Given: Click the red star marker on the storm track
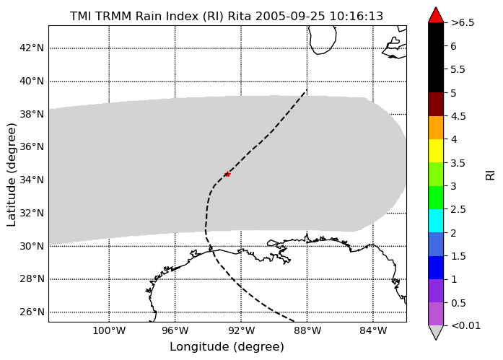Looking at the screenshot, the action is (x=227, y=174).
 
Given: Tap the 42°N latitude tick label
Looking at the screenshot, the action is (x=32, y=48).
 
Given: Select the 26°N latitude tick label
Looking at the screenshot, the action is (x=32, y=312).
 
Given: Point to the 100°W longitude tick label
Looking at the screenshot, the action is (x=109, y=330).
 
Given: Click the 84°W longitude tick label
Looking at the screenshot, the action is (x=373, y=330).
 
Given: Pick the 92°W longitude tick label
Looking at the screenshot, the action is (x=241, y=330).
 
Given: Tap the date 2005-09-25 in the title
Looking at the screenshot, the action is (x=290, y=16).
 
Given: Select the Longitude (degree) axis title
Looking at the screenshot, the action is (x=227, y=347).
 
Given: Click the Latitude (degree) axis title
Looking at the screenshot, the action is (x=12, y=175).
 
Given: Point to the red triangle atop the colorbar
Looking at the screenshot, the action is (x=436, y=15).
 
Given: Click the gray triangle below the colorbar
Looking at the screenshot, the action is (x=436, y=333).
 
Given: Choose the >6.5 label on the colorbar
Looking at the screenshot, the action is (x=463, y=23).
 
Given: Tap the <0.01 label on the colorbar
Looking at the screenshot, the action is (x=465, y=325).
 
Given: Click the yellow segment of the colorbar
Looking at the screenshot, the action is (x=436, y=151).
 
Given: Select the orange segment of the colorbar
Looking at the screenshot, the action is (x=436, y=128).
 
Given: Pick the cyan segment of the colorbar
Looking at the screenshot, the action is (x=436, y=221).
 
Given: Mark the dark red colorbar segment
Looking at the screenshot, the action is (x=436, y=104).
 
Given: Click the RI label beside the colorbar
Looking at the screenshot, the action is (x=490, y=175).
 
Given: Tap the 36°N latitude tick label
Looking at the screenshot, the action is (x=32, y=147).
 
